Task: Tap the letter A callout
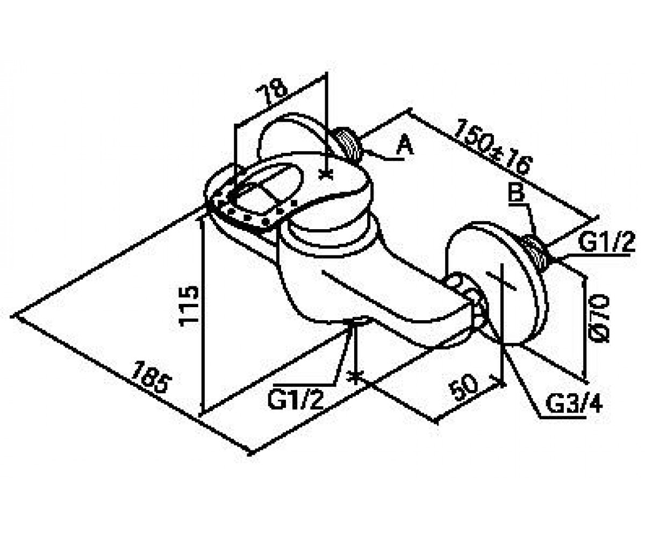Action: tap(405, 146)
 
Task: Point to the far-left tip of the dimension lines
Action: tap(12, 315)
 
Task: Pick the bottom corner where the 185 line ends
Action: tap(251, 454)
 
